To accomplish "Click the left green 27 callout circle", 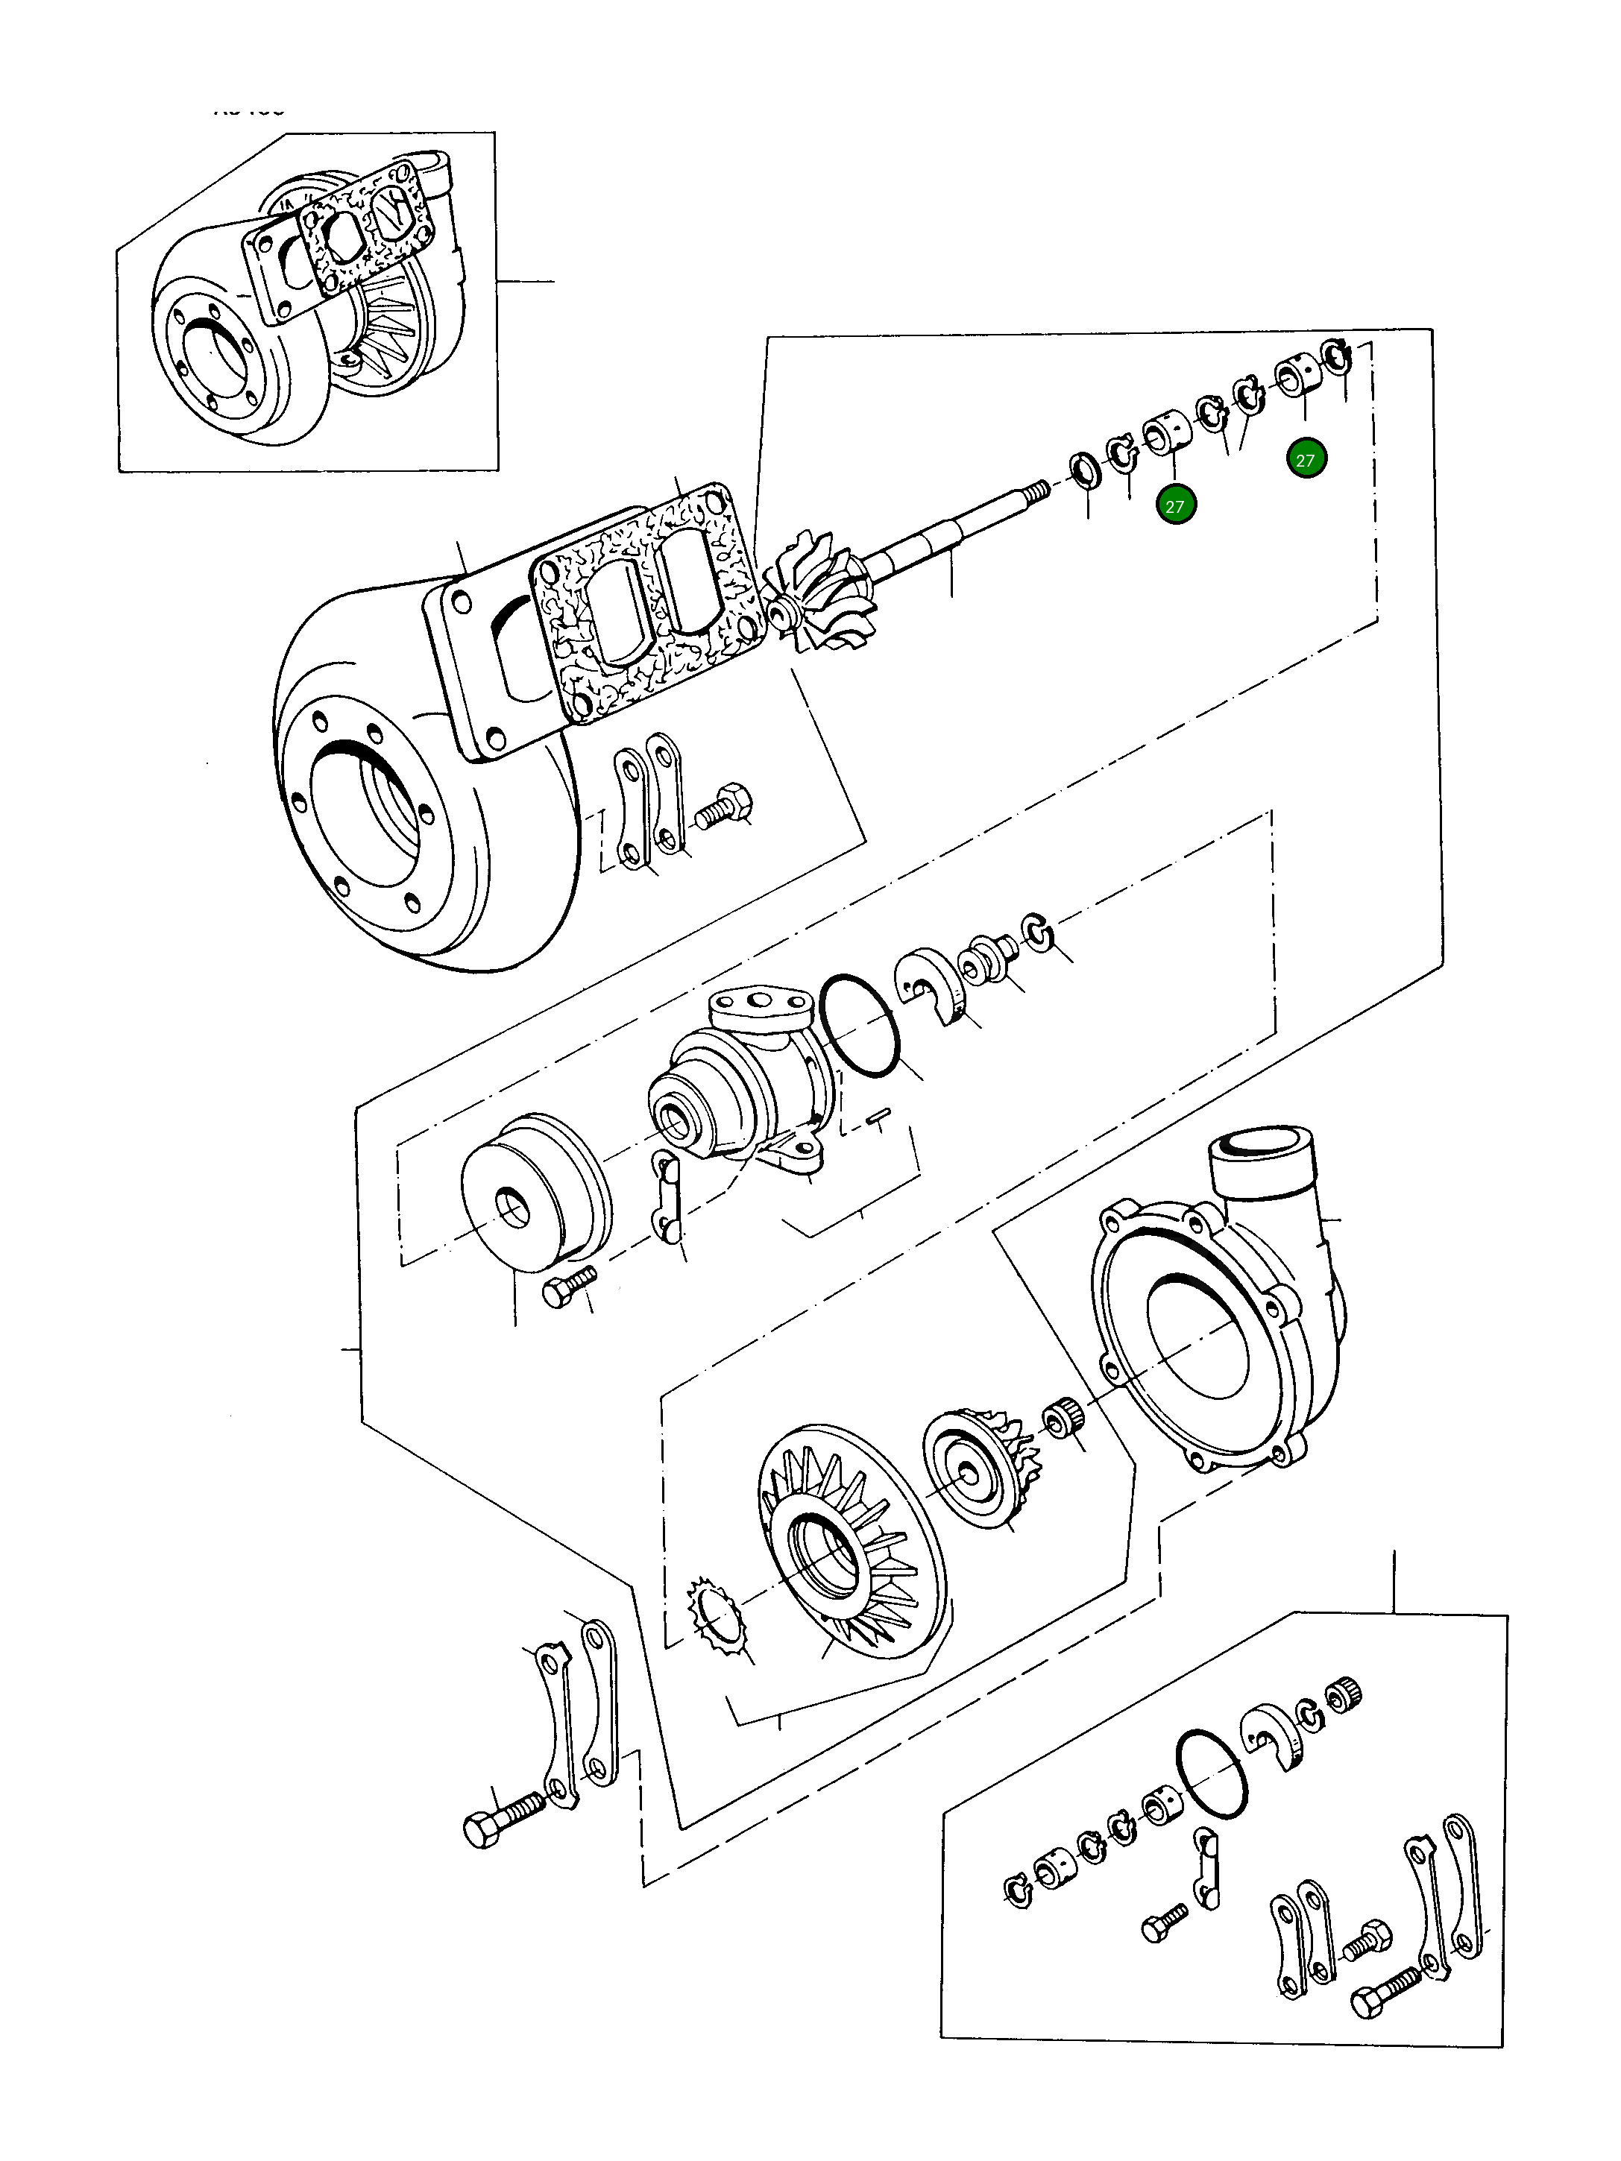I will coord(1174,506).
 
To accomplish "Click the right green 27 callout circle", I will coord(1306,459).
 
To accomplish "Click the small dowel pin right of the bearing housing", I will coord(878,1114).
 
